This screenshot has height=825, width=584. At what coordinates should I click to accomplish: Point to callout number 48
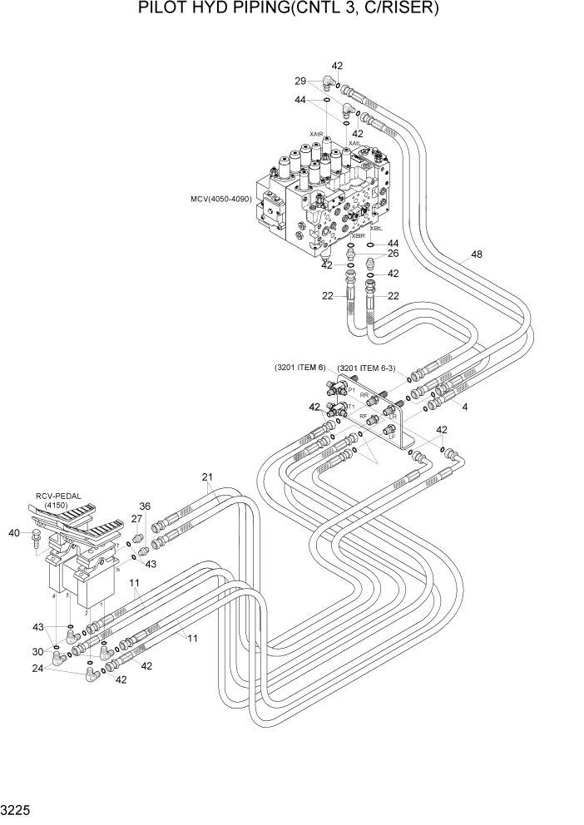click(476, 255)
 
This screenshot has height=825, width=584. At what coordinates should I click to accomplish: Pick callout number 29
click(300, 81)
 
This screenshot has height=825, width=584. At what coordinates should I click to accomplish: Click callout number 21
click(207, 477)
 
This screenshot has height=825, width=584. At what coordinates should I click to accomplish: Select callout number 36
click(145, 506)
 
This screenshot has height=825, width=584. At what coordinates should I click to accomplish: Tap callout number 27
click(136, 519)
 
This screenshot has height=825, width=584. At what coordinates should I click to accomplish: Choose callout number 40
click(13, 533)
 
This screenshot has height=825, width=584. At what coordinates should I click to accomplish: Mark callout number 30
click(37, 651)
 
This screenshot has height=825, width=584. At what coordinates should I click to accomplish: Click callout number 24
click(37, 667)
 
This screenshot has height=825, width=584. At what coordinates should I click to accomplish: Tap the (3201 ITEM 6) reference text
click(302, 367)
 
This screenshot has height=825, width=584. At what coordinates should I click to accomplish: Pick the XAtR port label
click(316, 133)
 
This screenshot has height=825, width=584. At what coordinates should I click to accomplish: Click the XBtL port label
click(376, 228)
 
